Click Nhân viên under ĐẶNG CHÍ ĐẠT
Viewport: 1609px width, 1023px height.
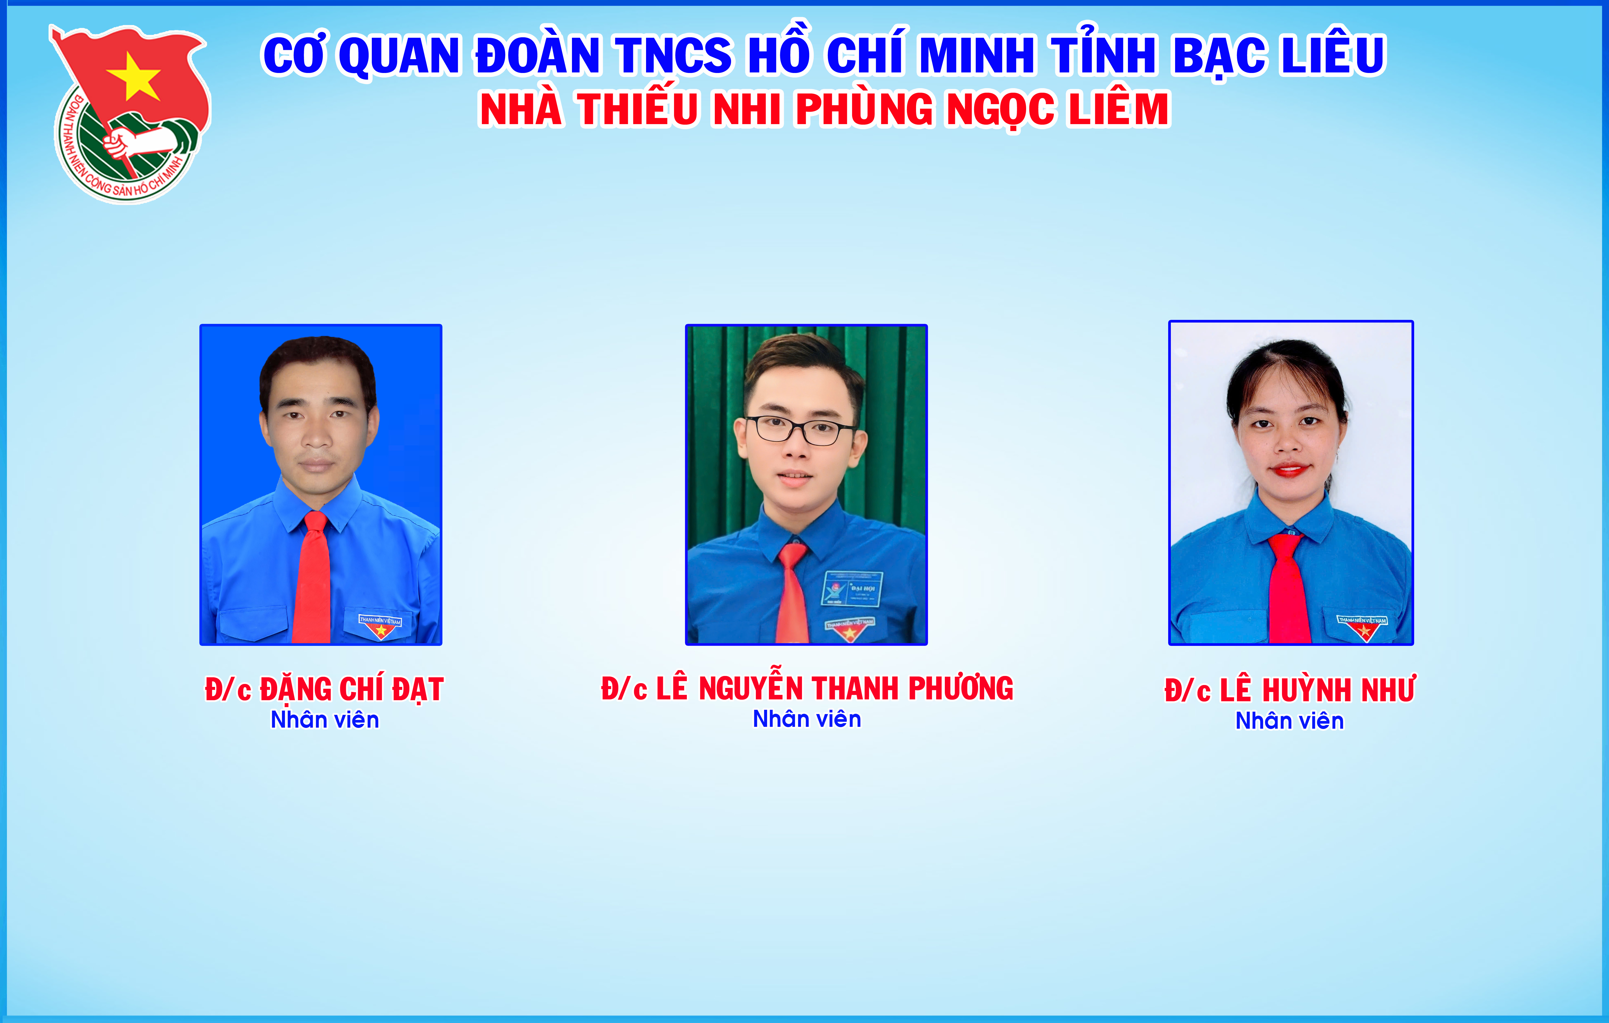[x=325, y=720]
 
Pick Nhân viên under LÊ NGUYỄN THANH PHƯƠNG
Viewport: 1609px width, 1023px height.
[x=807, y=719]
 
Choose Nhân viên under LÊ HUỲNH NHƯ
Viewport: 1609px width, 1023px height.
[x=1290, y=721]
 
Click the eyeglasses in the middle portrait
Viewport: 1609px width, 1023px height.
[x=801, y=429]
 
